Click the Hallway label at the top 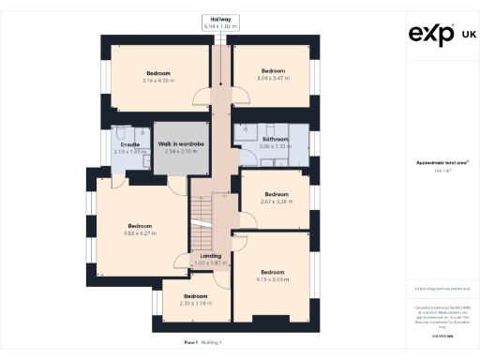coord(220,19)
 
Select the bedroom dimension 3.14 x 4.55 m coord(157,81)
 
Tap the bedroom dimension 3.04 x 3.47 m coord(273,79)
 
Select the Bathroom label coord(275,140)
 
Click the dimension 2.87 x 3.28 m coord(275,202)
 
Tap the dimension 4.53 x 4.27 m coord(140,233)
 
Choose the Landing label coord(211,255)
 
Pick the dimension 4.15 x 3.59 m coord(272,279)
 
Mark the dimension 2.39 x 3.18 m coord(197,304)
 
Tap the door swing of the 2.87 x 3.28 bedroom coord(247,221)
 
